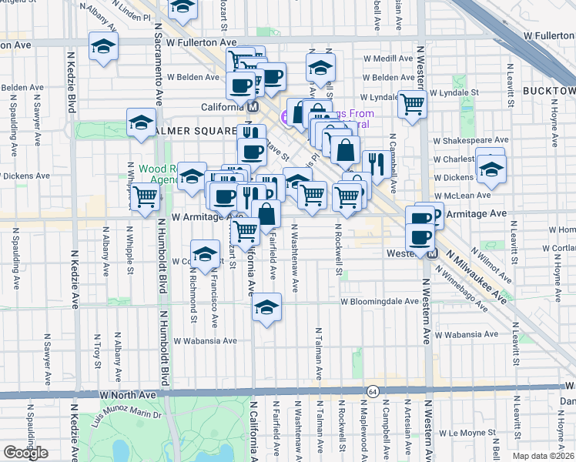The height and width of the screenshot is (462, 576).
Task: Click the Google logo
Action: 25,453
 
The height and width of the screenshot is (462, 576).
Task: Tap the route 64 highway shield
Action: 373,391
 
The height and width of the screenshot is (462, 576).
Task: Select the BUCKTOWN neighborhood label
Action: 548,91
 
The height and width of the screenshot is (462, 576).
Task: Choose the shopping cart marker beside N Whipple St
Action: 144,196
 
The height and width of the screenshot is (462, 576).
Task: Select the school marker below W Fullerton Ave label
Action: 103,47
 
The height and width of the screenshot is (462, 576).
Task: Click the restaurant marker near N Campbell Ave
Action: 374,164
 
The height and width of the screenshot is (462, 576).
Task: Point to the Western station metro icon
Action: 432,253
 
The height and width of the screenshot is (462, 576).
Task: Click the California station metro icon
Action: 253,107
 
